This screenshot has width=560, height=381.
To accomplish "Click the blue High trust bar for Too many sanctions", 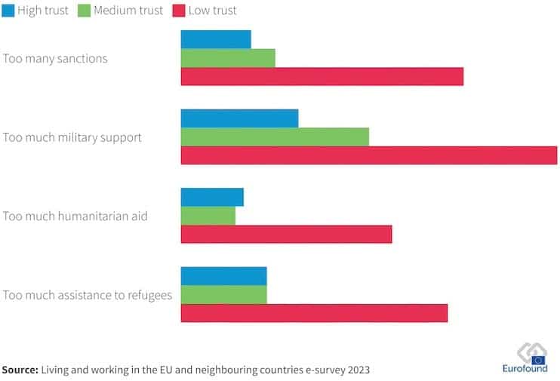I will tap(216, 39).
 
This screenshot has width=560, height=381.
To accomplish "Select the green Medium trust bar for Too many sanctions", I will tap(228, 58).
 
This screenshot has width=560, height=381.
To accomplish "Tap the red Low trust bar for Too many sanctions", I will tap(322, 76).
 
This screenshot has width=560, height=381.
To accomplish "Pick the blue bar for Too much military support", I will tap(239, 118).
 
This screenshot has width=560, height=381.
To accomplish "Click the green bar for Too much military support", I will tap(275, 137).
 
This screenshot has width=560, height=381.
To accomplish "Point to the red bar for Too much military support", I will tap(368, 155).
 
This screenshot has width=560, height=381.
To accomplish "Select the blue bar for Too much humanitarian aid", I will tap(212, 197).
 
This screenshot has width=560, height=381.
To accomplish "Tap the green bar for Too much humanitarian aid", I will tap(208, 216).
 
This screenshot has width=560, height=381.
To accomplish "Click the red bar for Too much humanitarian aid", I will tap(286, 234).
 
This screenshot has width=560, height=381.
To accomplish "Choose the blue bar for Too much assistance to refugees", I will tap(224, 275).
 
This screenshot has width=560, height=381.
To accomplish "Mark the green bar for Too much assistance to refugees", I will tap(224, 294).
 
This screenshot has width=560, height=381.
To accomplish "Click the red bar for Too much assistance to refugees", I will tap(314, 312).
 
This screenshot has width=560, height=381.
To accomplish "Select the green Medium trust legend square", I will tap(83, 11).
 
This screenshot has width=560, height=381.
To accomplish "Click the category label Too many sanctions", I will tap(55, 59).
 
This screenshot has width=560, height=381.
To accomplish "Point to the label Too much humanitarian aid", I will tap(75, 217).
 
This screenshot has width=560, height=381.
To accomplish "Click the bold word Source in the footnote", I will tap(20, 370).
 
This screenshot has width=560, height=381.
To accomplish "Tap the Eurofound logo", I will tap(525, 358).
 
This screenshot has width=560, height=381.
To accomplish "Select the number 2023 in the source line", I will tap(356, 370).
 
